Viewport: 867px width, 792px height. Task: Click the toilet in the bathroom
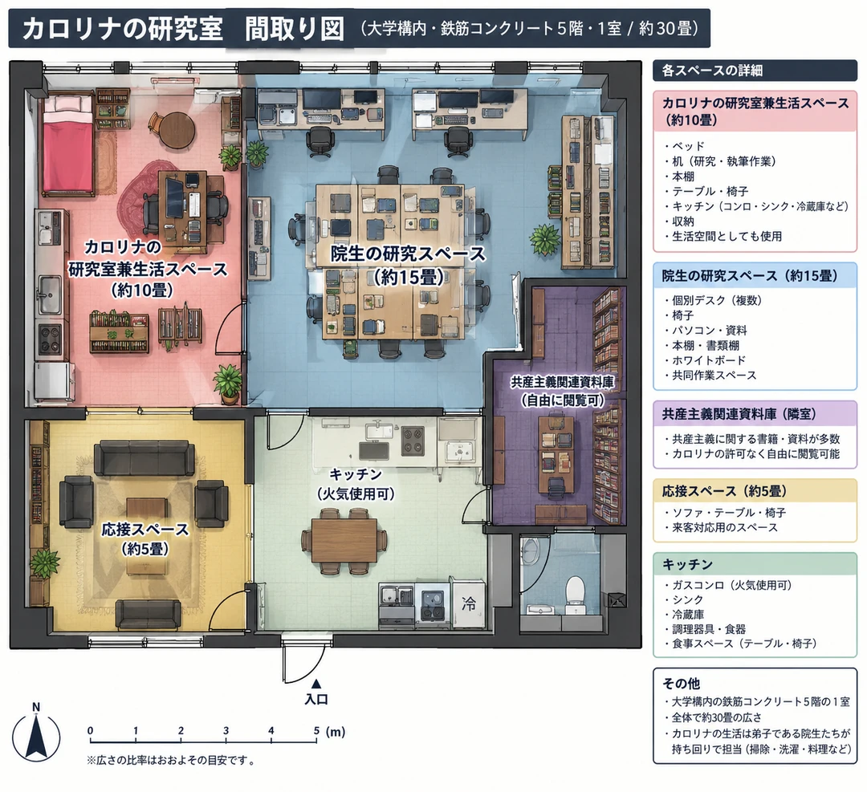point(575,594)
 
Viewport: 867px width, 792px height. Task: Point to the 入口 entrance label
point(316,699)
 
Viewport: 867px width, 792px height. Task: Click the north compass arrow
point(36,735)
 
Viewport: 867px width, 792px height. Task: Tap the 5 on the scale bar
point(316,731)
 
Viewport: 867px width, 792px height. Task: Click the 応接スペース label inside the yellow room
point(144,530)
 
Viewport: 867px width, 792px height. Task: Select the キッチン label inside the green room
point(356,474)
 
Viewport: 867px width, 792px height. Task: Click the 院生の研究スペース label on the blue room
point(408,254)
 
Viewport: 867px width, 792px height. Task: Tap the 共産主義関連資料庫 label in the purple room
point(562,381)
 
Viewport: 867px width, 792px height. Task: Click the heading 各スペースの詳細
point(712,71)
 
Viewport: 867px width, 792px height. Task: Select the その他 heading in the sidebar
point(682,683)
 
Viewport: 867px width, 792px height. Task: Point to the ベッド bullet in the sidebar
point(685,146)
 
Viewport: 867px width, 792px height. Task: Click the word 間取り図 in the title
point(294,28)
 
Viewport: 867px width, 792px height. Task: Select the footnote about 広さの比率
point(172,761)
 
